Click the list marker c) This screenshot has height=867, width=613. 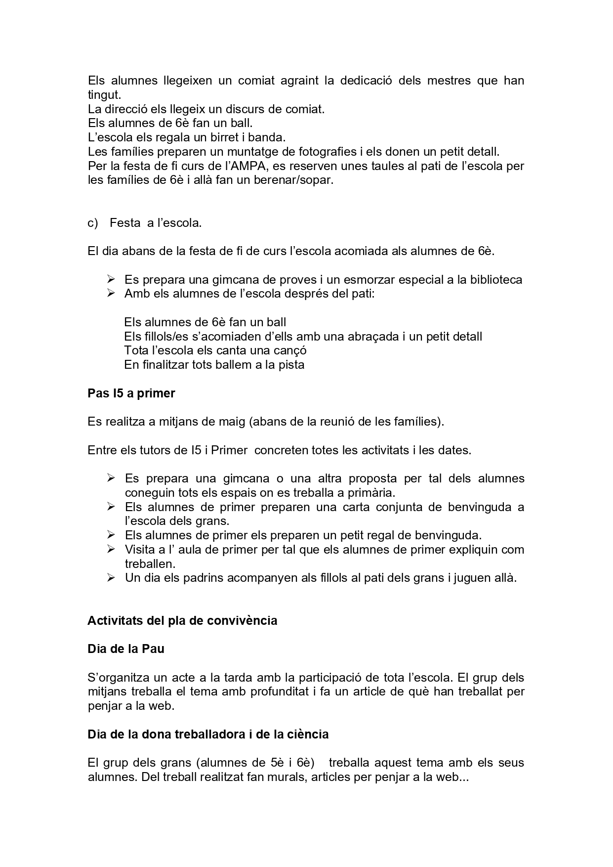click(x=93, y=223)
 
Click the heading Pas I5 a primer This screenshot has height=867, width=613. click(x=131, y=393)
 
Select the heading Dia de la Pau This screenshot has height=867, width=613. click(x=126, y=649)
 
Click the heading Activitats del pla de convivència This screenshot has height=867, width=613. click(x=182, y=620)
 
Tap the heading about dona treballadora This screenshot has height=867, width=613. click(x=208, y=734)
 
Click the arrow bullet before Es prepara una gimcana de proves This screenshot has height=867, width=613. click(x=111, y=279)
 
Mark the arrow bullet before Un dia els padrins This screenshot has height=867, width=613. click(x=111, y=577)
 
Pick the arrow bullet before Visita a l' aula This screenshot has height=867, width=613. click(x=111, y=549)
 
